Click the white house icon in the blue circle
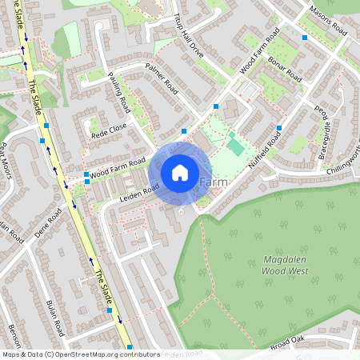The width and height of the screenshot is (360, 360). point(180,172)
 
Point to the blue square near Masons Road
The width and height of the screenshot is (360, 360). point(305,37)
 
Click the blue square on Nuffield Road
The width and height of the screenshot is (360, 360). point(278,128)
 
